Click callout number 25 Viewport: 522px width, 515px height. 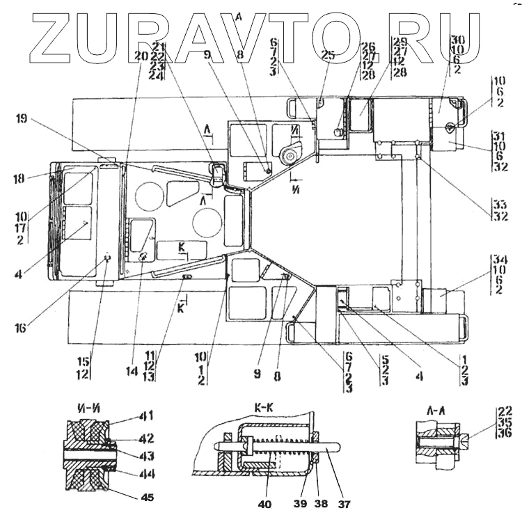click(329, 54)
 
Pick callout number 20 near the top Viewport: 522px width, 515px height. click(142, 56)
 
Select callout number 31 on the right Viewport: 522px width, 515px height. click(499, 134)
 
